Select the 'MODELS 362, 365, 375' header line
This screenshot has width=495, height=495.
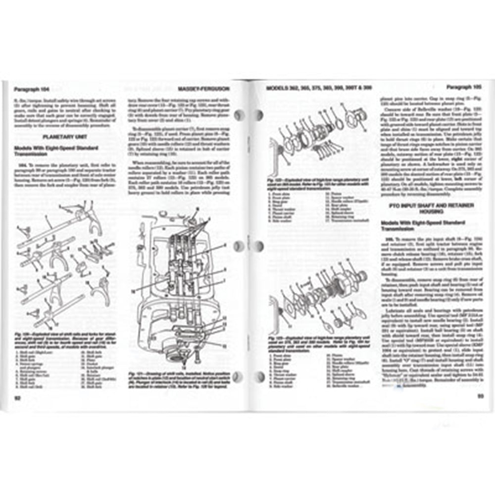(319, 88)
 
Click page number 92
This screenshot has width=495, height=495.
(17, 397)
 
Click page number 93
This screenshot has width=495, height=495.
(480, 395)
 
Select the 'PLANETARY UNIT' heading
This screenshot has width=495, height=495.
(63, 135)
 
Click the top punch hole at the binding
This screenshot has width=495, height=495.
(240, 116)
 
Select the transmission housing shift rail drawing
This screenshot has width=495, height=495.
(183, 287)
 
